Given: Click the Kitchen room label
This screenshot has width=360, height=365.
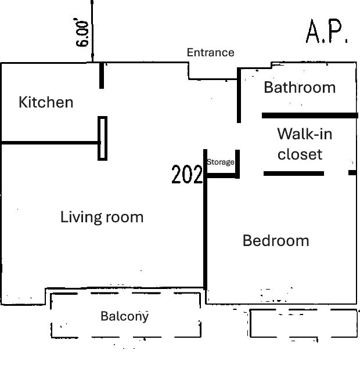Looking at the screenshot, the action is coord(46,102).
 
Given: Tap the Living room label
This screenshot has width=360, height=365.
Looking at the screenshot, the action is coord(102,217).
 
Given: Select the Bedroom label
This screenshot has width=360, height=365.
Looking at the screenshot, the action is coord(276,240).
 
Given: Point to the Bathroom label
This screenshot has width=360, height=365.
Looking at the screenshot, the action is coord(300,88).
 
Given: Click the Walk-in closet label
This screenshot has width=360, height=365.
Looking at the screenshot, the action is coord(305,144).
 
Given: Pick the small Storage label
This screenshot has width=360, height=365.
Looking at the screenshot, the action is coord(221,162).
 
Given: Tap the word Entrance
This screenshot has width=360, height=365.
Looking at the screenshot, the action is coord(211,53).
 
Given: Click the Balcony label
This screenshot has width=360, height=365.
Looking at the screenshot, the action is coord(125,316).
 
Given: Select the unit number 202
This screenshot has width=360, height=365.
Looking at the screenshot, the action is coord(187,174).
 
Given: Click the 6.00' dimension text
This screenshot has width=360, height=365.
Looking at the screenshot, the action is coord(81,32).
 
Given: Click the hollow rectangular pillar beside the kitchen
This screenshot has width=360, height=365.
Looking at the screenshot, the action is coord(102,138).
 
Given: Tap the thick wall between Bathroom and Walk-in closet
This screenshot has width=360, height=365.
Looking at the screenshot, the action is coord(310,115).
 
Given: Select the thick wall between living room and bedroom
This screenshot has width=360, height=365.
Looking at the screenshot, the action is coord(205,219).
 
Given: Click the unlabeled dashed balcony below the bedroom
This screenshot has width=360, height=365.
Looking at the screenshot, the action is coord(304,323).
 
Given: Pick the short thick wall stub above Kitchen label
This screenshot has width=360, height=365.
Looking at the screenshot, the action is coord(102,75).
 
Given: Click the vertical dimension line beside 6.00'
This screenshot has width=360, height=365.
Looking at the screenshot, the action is coord(92,31).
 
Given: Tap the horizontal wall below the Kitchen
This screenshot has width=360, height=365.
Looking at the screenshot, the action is coord(51,143).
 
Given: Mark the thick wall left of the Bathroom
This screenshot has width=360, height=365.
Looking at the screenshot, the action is coord(239,95).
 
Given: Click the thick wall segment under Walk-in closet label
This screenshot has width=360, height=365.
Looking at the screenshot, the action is coord(294,174).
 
